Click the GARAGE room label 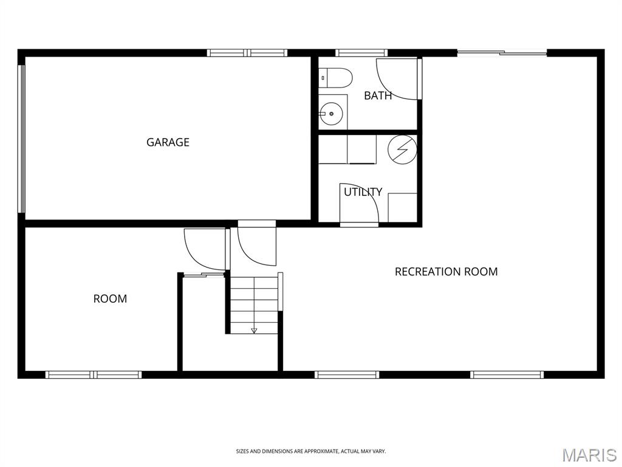168,142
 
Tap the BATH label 378,95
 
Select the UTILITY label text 363,192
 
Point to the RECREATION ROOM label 446,272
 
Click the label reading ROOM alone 111,299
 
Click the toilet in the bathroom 335,78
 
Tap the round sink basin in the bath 331,113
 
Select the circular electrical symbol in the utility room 402,150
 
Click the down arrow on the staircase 254,330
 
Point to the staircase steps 254,305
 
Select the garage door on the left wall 22,139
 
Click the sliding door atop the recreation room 502,52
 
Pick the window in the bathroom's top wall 361,53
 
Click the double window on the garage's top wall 247,53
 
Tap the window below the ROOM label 94,375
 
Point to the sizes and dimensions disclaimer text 311,451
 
